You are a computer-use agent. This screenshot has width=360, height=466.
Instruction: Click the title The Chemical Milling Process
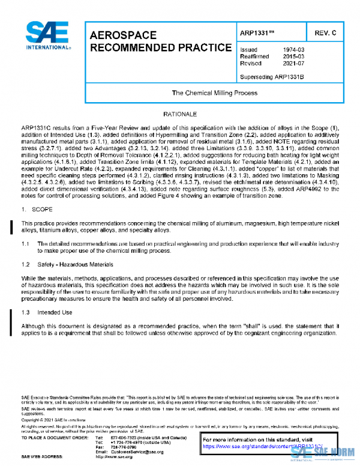[214, 93]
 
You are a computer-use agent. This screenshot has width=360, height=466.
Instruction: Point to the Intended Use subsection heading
[55, 312]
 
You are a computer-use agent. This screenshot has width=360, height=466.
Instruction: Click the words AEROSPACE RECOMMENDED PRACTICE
[160, 41]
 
